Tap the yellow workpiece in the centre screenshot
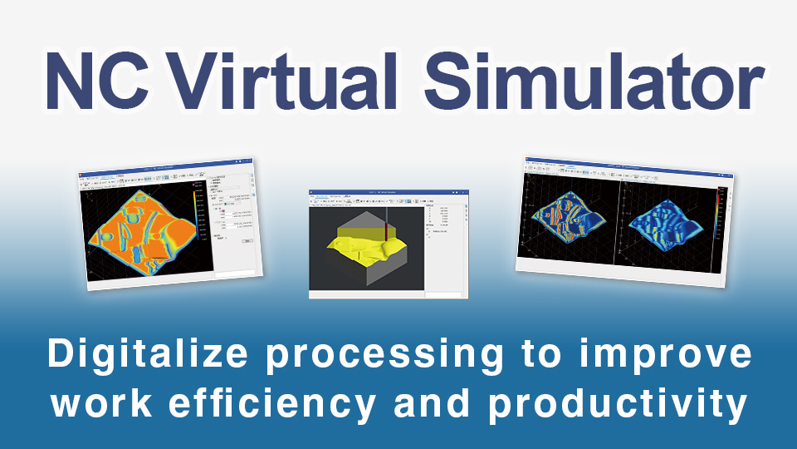[365, 245]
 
